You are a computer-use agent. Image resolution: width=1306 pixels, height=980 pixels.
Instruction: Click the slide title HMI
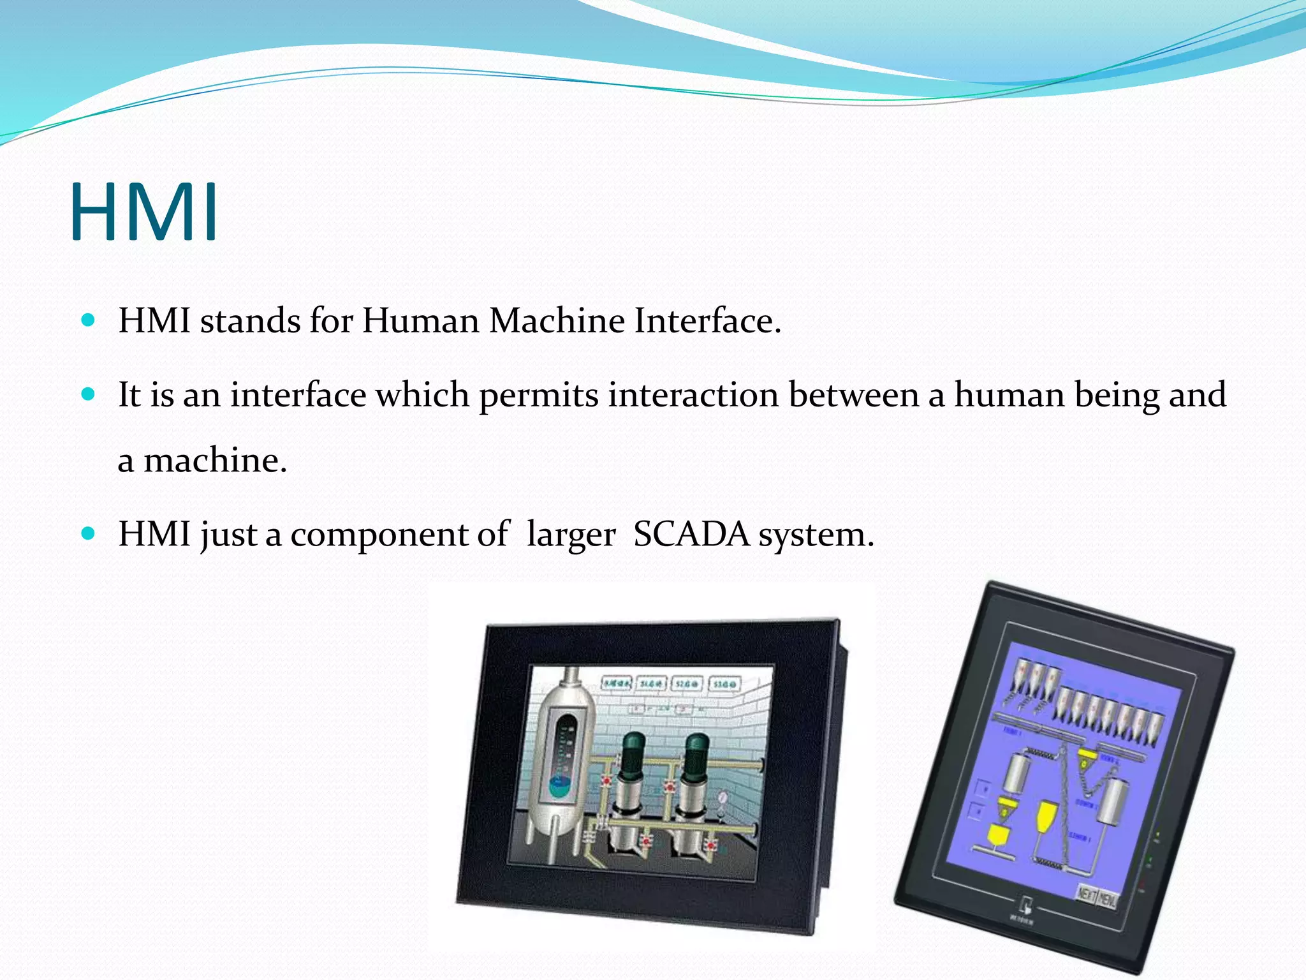point(144,212)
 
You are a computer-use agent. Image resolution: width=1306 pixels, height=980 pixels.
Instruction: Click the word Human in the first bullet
point(420,320)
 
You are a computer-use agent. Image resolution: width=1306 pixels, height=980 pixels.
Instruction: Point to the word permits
point(538,395)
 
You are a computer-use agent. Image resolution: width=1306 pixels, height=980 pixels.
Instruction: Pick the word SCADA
point(691,534)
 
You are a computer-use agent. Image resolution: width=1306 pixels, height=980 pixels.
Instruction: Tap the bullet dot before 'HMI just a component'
point(89,533)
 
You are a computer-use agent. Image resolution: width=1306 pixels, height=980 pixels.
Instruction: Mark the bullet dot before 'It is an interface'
point(89,394)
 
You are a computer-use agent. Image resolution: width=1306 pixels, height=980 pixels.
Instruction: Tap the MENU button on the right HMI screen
point(1107,900)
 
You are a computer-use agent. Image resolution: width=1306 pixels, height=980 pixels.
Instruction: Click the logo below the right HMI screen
point(1026,905)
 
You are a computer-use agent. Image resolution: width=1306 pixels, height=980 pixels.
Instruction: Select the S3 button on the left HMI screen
point(725,684)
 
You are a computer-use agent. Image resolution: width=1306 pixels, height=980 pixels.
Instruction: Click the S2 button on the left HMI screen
point(687,684)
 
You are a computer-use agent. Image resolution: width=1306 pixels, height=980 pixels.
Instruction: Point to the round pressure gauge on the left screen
point(723,798)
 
